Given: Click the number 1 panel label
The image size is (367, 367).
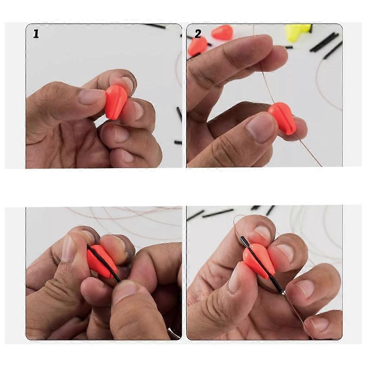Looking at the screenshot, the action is click(x=36, y=34).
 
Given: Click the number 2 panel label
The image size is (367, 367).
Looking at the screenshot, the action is click(x=198, y=34).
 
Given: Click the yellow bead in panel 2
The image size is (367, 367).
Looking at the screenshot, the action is click(x=298, y=33).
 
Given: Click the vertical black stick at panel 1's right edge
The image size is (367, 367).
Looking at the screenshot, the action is click(x=179, y=115).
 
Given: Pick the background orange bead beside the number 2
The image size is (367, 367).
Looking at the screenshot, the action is click(x=221, y=32).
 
